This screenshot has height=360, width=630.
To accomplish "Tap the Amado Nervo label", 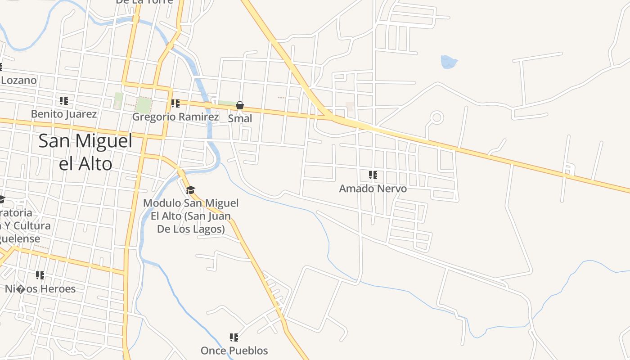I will [x=373, y=189].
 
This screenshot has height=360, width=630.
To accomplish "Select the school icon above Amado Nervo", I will [x=373, y=175].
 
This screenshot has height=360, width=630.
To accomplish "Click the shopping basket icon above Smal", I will [x=240, y=106].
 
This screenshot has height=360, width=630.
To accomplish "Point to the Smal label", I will [x=240, y=118].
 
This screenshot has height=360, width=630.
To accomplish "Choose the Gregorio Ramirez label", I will [x=175, y=117].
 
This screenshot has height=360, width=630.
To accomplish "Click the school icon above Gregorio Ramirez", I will [x=175, y=103].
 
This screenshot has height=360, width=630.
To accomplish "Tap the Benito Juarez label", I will [x=64, y=114].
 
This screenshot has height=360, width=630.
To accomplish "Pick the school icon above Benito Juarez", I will [x=64, y=101].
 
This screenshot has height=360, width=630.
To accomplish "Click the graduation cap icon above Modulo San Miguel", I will [x=191, y=190].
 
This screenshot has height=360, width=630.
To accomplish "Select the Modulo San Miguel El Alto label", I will [x=191, y=216].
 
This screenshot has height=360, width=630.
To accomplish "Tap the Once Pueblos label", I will [x=234, y=351].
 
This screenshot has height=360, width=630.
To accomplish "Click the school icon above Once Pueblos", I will [x=234, y=337].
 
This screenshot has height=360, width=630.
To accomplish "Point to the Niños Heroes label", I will [x=40, y=288].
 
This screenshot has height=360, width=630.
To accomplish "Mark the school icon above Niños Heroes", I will [x=40, y=275].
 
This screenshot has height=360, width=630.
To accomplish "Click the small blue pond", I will [x=449, y=62].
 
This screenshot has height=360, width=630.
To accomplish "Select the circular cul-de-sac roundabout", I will [x=436, y=118].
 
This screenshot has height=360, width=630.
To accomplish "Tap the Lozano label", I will [x=18, y=81].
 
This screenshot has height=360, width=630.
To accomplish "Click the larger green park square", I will [x=144, y=105].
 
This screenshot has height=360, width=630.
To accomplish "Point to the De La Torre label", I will [x=144, y=1].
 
